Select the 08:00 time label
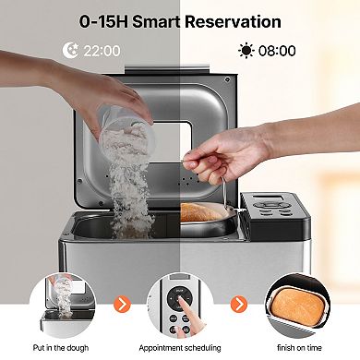276,52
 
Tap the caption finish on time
299,347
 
